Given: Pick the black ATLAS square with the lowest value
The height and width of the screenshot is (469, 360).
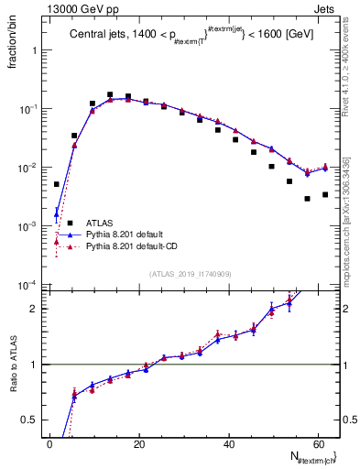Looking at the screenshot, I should point(308,199).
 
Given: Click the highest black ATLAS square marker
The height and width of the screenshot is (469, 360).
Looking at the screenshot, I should point(110,94).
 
